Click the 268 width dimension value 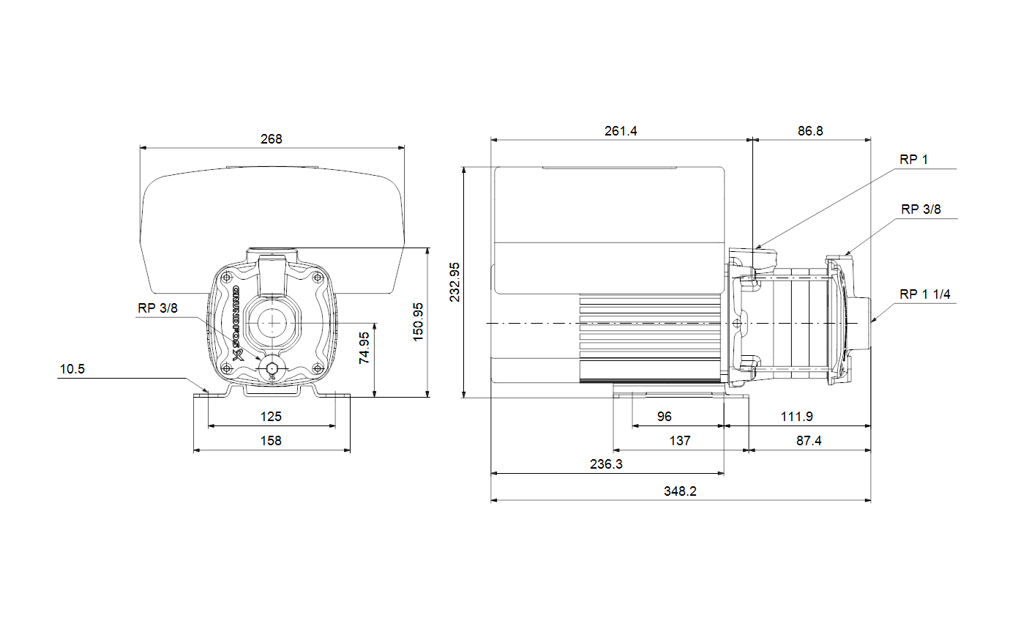272,139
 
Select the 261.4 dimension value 621,131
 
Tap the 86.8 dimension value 810,131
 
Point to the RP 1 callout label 913,160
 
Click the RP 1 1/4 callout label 925,294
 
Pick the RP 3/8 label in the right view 921,209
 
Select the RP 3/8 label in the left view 157,308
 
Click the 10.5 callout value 72,369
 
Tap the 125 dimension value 271,417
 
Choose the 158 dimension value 271,440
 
